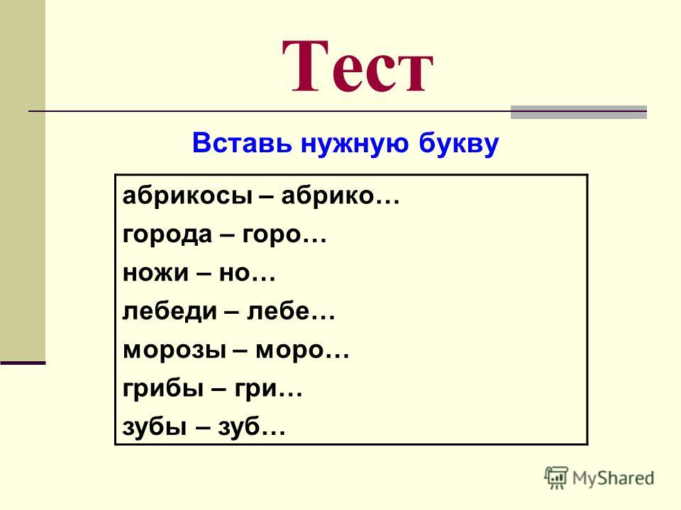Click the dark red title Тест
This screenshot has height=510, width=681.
pos(358,66)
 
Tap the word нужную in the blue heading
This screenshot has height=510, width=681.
pos(355,144)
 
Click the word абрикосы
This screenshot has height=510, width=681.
pos(187,196)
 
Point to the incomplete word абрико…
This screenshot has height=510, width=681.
pos(340,196)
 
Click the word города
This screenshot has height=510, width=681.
pos(167,234)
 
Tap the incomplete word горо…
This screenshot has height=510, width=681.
pos(284,235)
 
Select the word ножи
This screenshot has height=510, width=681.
pos(156,273)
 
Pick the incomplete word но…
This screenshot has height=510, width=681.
pos(247,273)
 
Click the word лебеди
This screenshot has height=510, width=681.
pos(170,312)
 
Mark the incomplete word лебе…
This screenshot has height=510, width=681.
pos(291,310)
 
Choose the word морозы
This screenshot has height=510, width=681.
pos(175,350)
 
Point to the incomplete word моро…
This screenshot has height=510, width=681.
pos(302,350)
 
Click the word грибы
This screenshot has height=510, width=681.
pos(163,387)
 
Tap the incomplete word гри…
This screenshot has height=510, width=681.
pos(268,388)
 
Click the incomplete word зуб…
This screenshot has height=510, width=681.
pos(252,426)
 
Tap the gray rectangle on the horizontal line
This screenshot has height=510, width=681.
pos(579,112)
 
